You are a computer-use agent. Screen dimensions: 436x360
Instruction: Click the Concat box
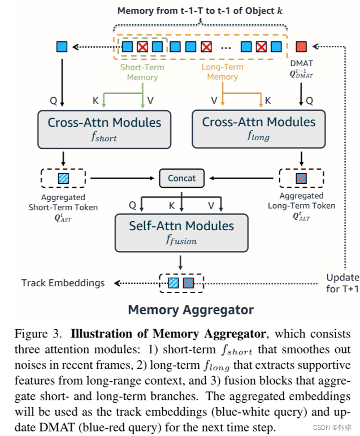(181, 178)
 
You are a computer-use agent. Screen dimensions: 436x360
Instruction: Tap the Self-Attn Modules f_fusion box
(181, 232)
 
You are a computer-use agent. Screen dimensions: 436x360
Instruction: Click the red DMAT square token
(301, 46)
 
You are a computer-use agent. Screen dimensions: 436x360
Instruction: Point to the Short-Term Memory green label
(142, 72)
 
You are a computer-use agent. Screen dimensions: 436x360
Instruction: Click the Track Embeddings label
(63, 283)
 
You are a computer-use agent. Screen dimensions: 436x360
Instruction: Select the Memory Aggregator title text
(190, 309)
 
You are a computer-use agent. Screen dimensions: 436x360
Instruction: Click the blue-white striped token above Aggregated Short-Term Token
(63, 179)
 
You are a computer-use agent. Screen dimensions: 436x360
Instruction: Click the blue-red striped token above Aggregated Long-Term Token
(301, 179)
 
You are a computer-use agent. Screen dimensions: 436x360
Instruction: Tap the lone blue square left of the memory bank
(62, 46)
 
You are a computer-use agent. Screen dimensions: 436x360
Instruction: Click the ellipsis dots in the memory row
(226, 47)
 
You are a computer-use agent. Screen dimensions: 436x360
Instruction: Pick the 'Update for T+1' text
(342, 283)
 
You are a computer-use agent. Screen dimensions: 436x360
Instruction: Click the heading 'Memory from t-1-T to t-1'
(200, 11)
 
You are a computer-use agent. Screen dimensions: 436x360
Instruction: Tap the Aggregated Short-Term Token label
(63, 208)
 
